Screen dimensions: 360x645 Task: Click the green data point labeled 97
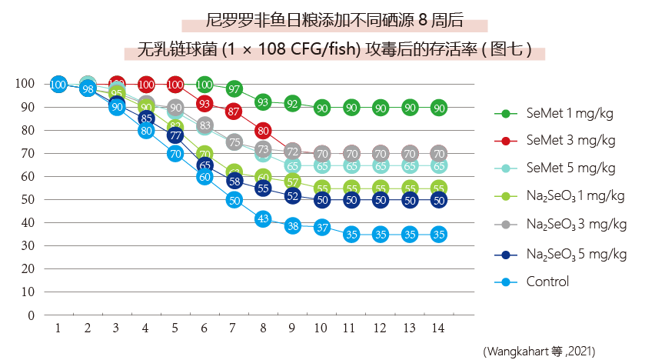point(234,90)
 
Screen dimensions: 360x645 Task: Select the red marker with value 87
point(234,112)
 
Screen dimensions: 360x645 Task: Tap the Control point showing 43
point(264,218)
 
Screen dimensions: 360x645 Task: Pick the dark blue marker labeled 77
point(175,136)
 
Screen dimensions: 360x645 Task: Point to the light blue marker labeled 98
point(88,89)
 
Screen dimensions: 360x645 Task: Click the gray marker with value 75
point(234,142)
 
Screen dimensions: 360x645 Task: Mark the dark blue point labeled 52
point(293,195)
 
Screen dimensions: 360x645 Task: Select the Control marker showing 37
point(322,227)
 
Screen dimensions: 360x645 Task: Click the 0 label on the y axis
point(31,315)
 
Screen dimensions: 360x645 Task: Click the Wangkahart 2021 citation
point(538,351)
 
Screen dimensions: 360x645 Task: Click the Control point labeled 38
point(293,226)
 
